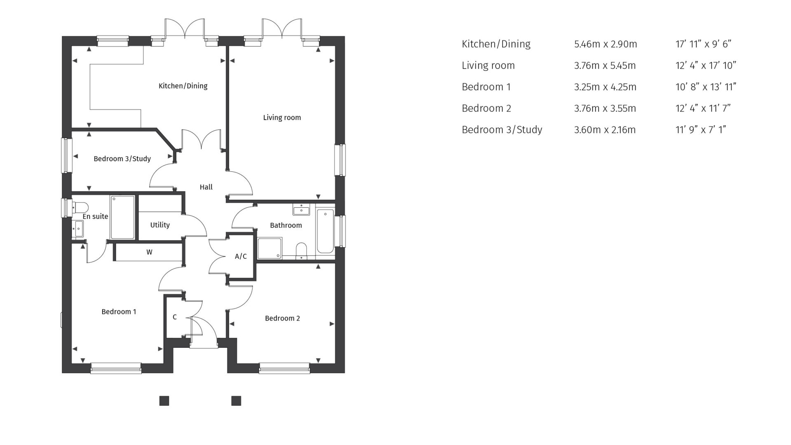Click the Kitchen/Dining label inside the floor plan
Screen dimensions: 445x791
pos(183,86)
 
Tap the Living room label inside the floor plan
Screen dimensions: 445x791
pos(282,117)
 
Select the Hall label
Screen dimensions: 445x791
pos(206,187)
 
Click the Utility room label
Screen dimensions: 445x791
pos(160,225)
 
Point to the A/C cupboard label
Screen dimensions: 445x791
pos(241,256)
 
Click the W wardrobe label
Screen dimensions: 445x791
pos(149,252)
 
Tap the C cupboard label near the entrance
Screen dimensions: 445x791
pos(175,317)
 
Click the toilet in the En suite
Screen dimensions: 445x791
pos(80,207)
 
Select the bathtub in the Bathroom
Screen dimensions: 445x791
pos(325,231)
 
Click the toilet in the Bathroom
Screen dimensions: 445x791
pos(302,250)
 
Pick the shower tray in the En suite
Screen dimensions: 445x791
pos(122,217)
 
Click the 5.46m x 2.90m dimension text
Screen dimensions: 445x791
pos(605,44)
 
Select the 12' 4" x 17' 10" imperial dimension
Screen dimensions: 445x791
pos(706,65)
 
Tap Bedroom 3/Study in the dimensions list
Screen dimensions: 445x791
pos(502,129)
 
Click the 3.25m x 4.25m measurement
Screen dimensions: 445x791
pos(605,87)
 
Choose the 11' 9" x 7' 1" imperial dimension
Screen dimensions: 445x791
pos(700,129)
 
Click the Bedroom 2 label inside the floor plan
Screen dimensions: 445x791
pos(282,318)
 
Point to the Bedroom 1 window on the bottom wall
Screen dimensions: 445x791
pos(116,368)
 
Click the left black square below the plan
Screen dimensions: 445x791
pos(164,401)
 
